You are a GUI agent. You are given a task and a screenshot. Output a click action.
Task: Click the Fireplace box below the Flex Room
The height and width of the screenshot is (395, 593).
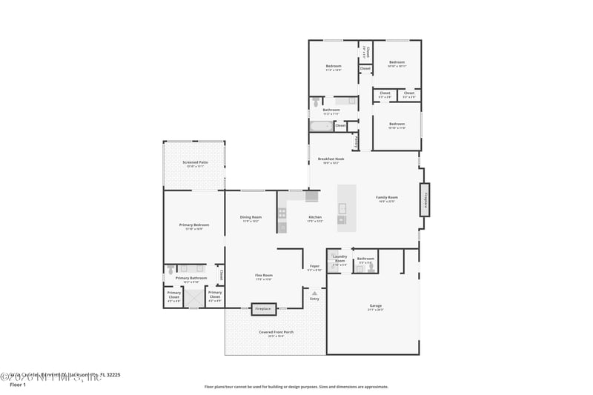pos(263,308)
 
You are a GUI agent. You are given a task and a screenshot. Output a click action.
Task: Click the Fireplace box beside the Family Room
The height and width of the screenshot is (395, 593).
pos(425,200)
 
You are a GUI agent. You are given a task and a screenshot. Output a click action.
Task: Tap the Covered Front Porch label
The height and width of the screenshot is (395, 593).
pos(276,332)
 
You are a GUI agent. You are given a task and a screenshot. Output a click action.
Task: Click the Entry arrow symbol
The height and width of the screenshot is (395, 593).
pos(314,293)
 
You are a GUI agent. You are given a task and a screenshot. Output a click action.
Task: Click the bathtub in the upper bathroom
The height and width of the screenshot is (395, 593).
pos(321,126)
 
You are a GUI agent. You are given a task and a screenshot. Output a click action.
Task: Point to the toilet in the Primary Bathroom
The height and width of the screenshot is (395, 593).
pos(170,270)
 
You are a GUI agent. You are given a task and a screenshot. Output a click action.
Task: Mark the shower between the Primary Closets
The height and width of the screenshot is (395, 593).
pos(193,297)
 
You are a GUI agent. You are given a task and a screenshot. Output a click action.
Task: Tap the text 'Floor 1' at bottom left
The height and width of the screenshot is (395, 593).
pos(17,385)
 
